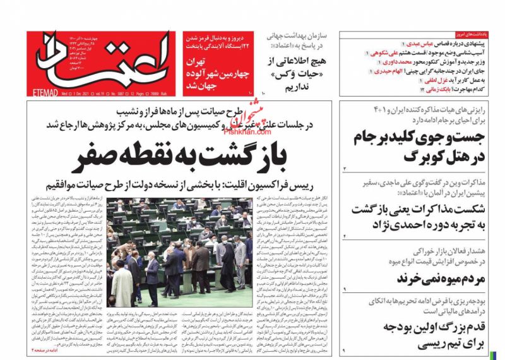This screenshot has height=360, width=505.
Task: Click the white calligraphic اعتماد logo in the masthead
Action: click(x=101, y=60)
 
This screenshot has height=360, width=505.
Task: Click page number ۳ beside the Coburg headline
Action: click(x=345, y=169)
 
